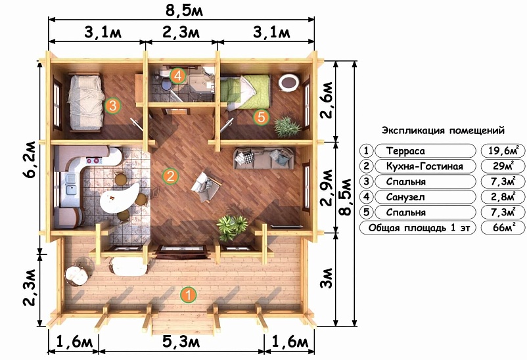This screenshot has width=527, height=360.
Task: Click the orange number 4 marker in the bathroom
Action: [x=177, y=76]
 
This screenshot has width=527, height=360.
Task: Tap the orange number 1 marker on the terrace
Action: [x=188, y=295]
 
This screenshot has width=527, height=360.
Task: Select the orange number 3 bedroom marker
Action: [x=112, y=106]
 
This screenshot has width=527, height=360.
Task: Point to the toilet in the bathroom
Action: [x=166, y=84]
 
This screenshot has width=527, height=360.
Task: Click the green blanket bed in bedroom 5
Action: [x=245, y=91]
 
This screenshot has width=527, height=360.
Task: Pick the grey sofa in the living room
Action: [x=263, y=158]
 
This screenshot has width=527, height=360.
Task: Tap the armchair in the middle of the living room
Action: [x=206, y=187]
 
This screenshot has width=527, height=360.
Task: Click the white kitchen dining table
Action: [x=120, y=198]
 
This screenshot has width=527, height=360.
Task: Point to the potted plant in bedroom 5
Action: [x=286, y=127]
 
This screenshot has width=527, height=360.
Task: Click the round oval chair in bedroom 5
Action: [x=288, y=82]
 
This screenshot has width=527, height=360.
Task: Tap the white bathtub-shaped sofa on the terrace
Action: [x=128, y=266]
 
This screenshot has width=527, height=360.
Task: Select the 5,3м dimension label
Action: [x=181, y=342]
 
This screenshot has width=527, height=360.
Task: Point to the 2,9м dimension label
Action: [x=327, y=187]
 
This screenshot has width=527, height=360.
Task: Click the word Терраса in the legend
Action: [x=405, y=150]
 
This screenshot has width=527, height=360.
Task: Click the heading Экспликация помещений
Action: [x=443, y=130]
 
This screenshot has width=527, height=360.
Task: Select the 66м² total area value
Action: [x=503, y=227]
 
